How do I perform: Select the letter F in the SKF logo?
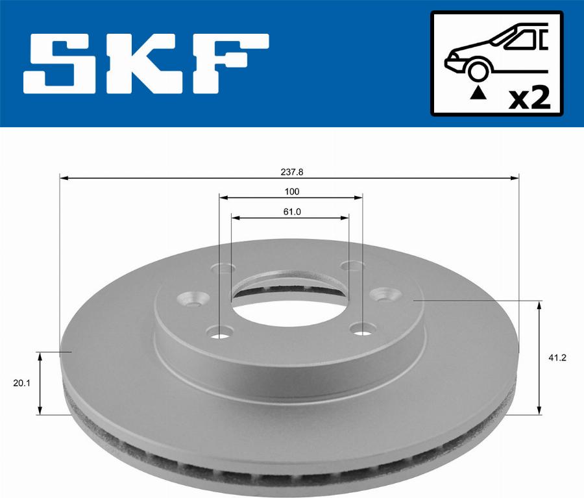tap(227, 64)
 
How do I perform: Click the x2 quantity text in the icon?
tap(529, 99)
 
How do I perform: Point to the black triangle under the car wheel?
tap(478, 93)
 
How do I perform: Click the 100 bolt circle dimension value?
tap(291, 192)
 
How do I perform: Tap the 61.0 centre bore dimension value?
tap(291, 211)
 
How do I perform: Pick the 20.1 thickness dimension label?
tap(21, 383)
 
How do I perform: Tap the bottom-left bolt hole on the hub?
tap(220, 334)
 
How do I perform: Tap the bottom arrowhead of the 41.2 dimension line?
tap(539, 410)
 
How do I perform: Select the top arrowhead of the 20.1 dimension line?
tap(40, 356)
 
